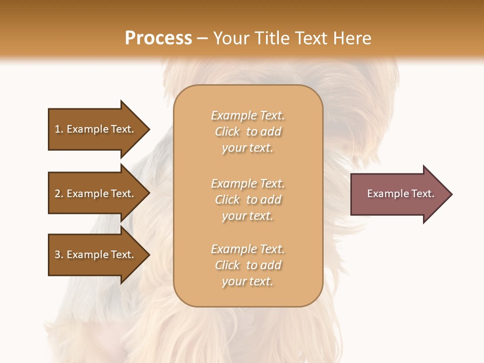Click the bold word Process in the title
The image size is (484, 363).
158,38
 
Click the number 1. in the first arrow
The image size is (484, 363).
59,129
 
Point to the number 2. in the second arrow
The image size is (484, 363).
59,194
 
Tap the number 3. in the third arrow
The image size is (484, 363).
59,255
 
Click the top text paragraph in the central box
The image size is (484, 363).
248,132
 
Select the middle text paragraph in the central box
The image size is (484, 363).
248,200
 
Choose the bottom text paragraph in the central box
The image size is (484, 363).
248,265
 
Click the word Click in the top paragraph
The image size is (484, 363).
227,132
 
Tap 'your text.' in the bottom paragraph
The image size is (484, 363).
248,281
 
